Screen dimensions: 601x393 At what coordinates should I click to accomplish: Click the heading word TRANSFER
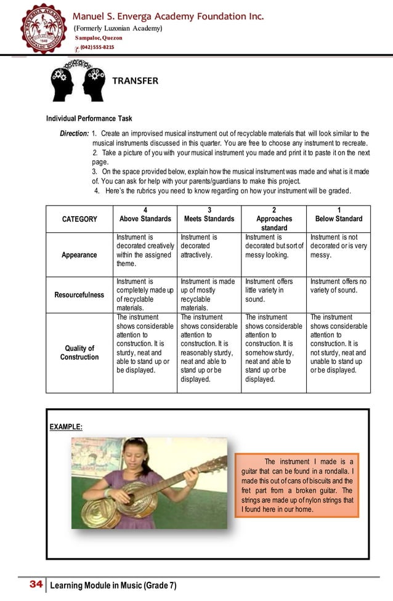(134, 81)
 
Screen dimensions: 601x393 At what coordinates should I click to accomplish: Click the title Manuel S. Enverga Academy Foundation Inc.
(169, 15)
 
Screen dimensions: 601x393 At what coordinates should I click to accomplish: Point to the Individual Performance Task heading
(89, 119)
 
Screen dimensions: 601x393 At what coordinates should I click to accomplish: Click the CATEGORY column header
(79, 219)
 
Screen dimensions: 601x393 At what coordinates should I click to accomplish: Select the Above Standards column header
(145, 214)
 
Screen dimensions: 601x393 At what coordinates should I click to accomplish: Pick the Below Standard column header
(338, 214)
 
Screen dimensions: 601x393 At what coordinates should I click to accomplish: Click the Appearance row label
(79, 254)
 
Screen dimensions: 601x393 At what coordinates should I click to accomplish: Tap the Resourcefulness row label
(79, 295)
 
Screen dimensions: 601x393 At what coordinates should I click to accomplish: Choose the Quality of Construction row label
(79, 352)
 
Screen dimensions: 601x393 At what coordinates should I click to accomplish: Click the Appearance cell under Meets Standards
(208, 246)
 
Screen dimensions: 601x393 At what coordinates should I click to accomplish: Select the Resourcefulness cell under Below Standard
(338, 286)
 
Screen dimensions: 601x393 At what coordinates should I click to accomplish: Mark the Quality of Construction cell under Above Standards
(145, 344)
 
